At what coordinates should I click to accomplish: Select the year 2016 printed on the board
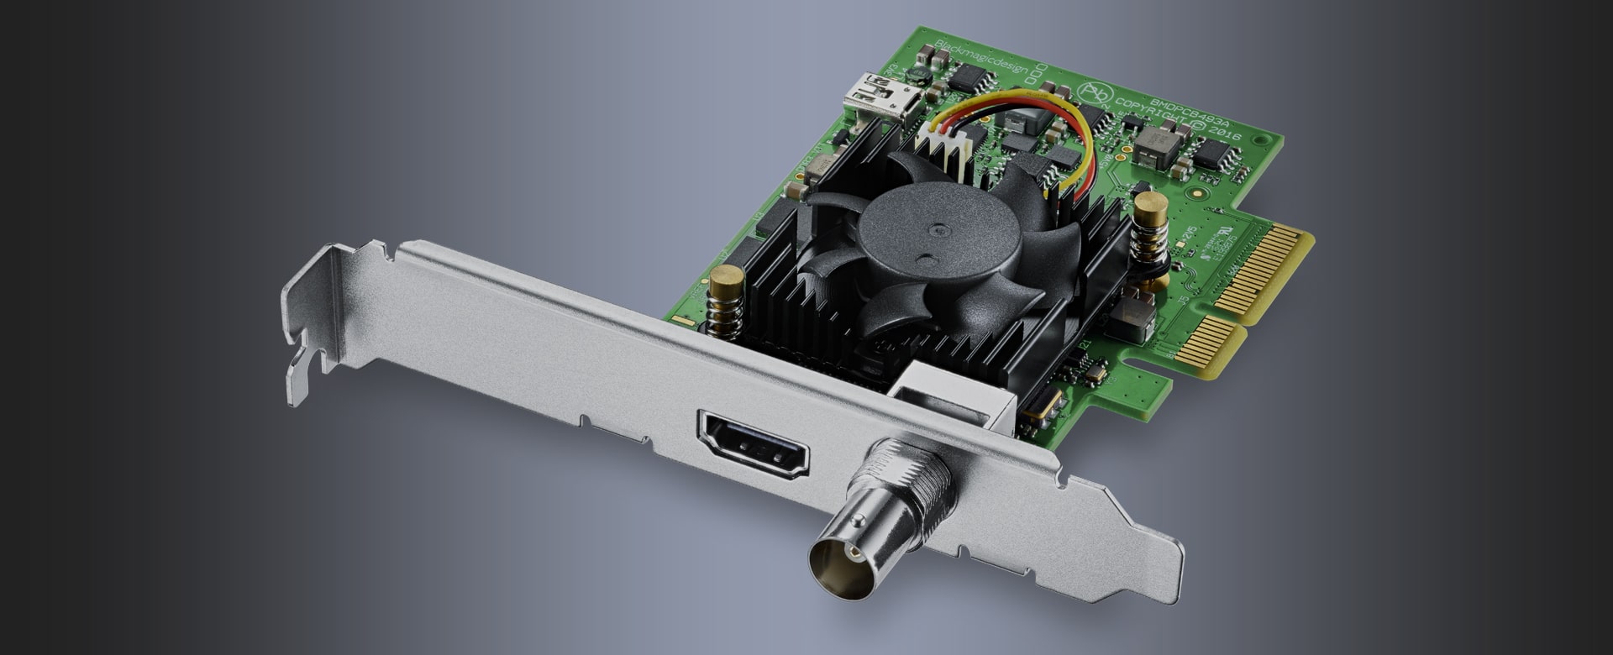point(1222,132)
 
